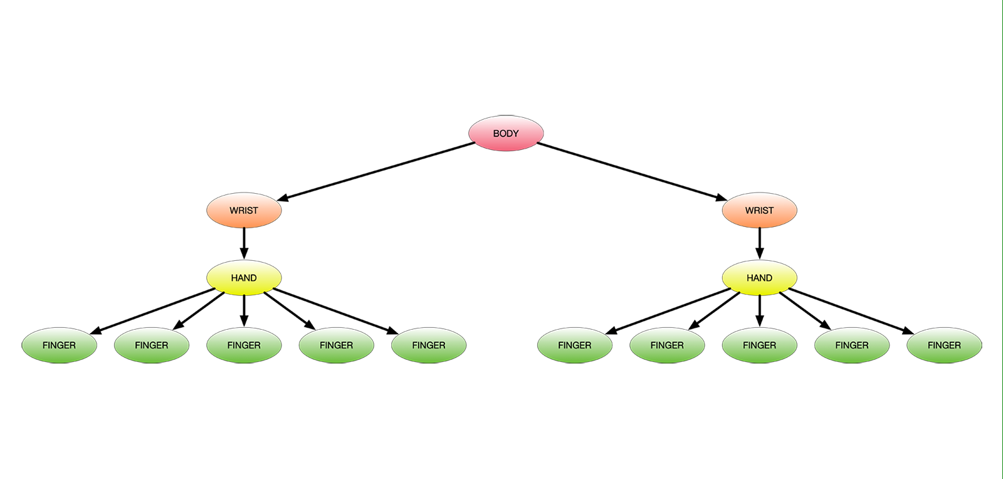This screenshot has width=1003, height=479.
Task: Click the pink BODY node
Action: click(x=505, y=133)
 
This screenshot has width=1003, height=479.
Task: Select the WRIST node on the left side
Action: click(x=244, y=210)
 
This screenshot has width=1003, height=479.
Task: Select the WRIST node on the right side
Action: click(x=759, y=210)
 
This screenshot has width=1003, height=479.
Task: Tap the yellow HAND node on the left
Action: click(x=244, y=278)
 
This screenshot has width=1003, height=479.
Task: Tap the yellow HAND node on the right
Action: click(x=759, y=278)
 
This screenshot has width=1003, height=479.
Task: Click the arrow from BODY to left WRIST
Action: click(x=376, y=171)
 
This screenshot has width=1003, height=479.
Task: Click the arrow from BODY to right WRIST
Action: click(x=632, y=171)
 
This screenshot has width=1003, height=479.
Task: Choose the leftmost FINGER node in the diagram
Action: click(x=59, y=345)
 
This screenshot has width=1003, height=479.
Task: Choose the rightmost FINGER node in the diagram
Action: click(x=944, y=345)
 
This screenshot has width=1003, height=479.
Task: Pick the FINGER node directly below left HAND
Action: click(x=244, y=345)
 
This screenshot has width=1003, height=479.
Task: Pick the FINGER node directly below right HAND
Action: click(x=759, y=345)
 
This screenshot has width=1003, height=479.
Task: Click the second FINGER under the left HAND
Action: click(x=151, y=345)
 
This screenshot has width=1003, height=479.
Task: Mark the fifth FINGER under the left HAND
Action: click(x=429, y=345)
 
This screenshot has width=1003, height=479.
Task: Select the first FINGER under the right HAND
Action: click(x=574, y=345)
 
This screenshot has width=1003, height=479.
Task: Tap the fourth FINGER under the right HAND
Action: click(x=852, y=345)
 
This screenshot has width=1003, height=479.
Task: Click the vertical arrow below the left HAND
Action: click(x=244, y=310)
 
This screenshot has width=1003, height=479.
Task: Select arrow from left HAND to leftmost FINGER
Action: click(x=154, y=311)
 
